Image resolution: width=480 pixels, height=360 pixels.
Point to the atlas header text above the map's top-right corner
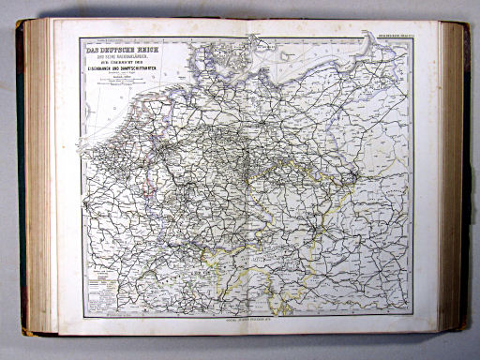click(389, 36)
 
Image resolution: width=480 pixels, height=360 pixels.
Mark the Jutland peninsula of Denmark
click(202, 47)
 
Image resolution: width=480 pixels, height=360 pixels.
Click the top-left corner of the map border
click(82, 38)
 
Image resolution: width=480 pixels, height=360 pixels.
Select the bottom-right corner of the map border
click(413, 318)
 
